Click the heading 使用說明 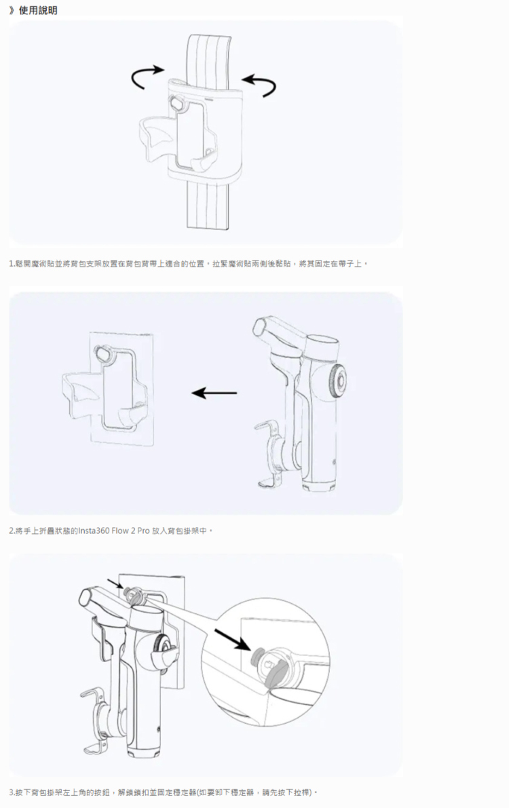click(38, 10)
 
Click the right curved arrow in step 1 click(261, 83)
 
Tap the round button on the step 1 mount click(177, 103)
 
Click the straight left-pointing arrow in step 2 click(214, 393)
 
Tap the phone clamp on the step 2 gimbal click(269, 454)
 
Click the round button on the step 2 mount click(102, 353)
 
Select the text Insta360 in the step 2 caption click(94, 531)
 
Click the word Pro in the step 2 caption click(143, 531)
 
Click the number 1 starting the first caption click(11, 264)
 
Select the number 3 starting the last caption click(11, 792)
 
